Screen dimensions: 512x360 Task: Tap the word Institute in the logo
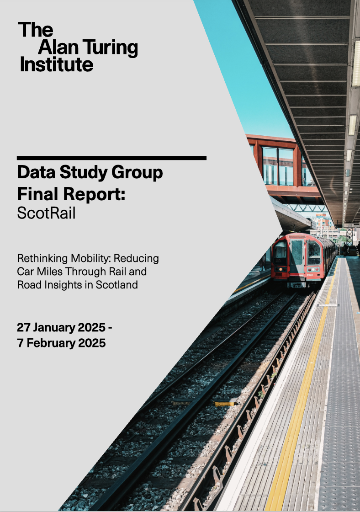pos(56,64)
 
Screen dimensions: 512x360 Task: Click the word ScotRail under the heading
pos(46,213)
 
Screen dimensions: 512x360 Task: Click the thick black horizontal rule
pos(111,158)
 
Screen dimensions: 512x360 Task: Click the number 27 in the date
pos(24,328)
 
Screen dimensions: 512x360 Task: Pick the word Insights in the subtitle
pos(62,284)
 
